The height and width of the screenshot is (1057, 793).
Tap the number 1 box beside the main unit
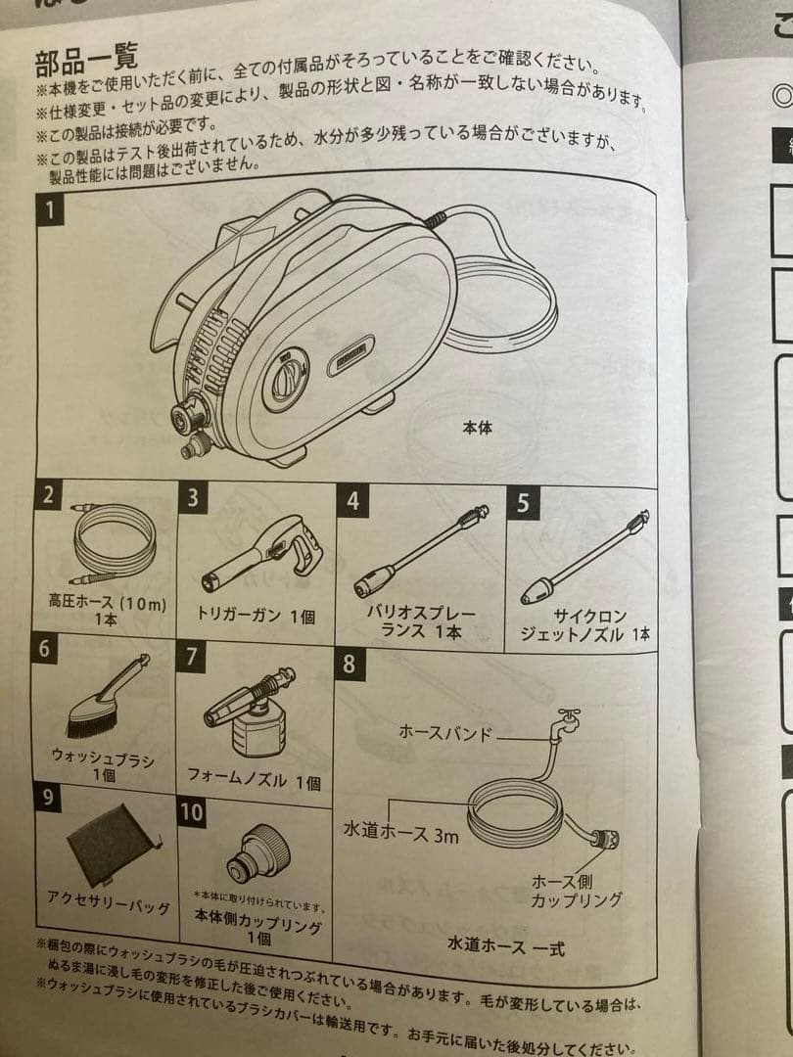49,207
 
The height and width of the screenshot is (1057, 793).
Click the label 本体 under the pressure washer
477,428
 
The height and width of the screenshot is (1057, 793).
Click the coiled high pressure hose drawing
114,543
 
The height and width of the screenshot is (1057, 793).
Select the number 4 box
352,500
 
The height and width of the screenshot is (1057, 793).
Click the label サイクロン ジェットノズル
585,625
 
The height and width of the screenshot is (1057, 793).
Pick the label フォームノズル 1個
254,782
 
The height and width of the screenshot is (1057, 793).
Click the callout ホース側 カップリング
577,890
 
